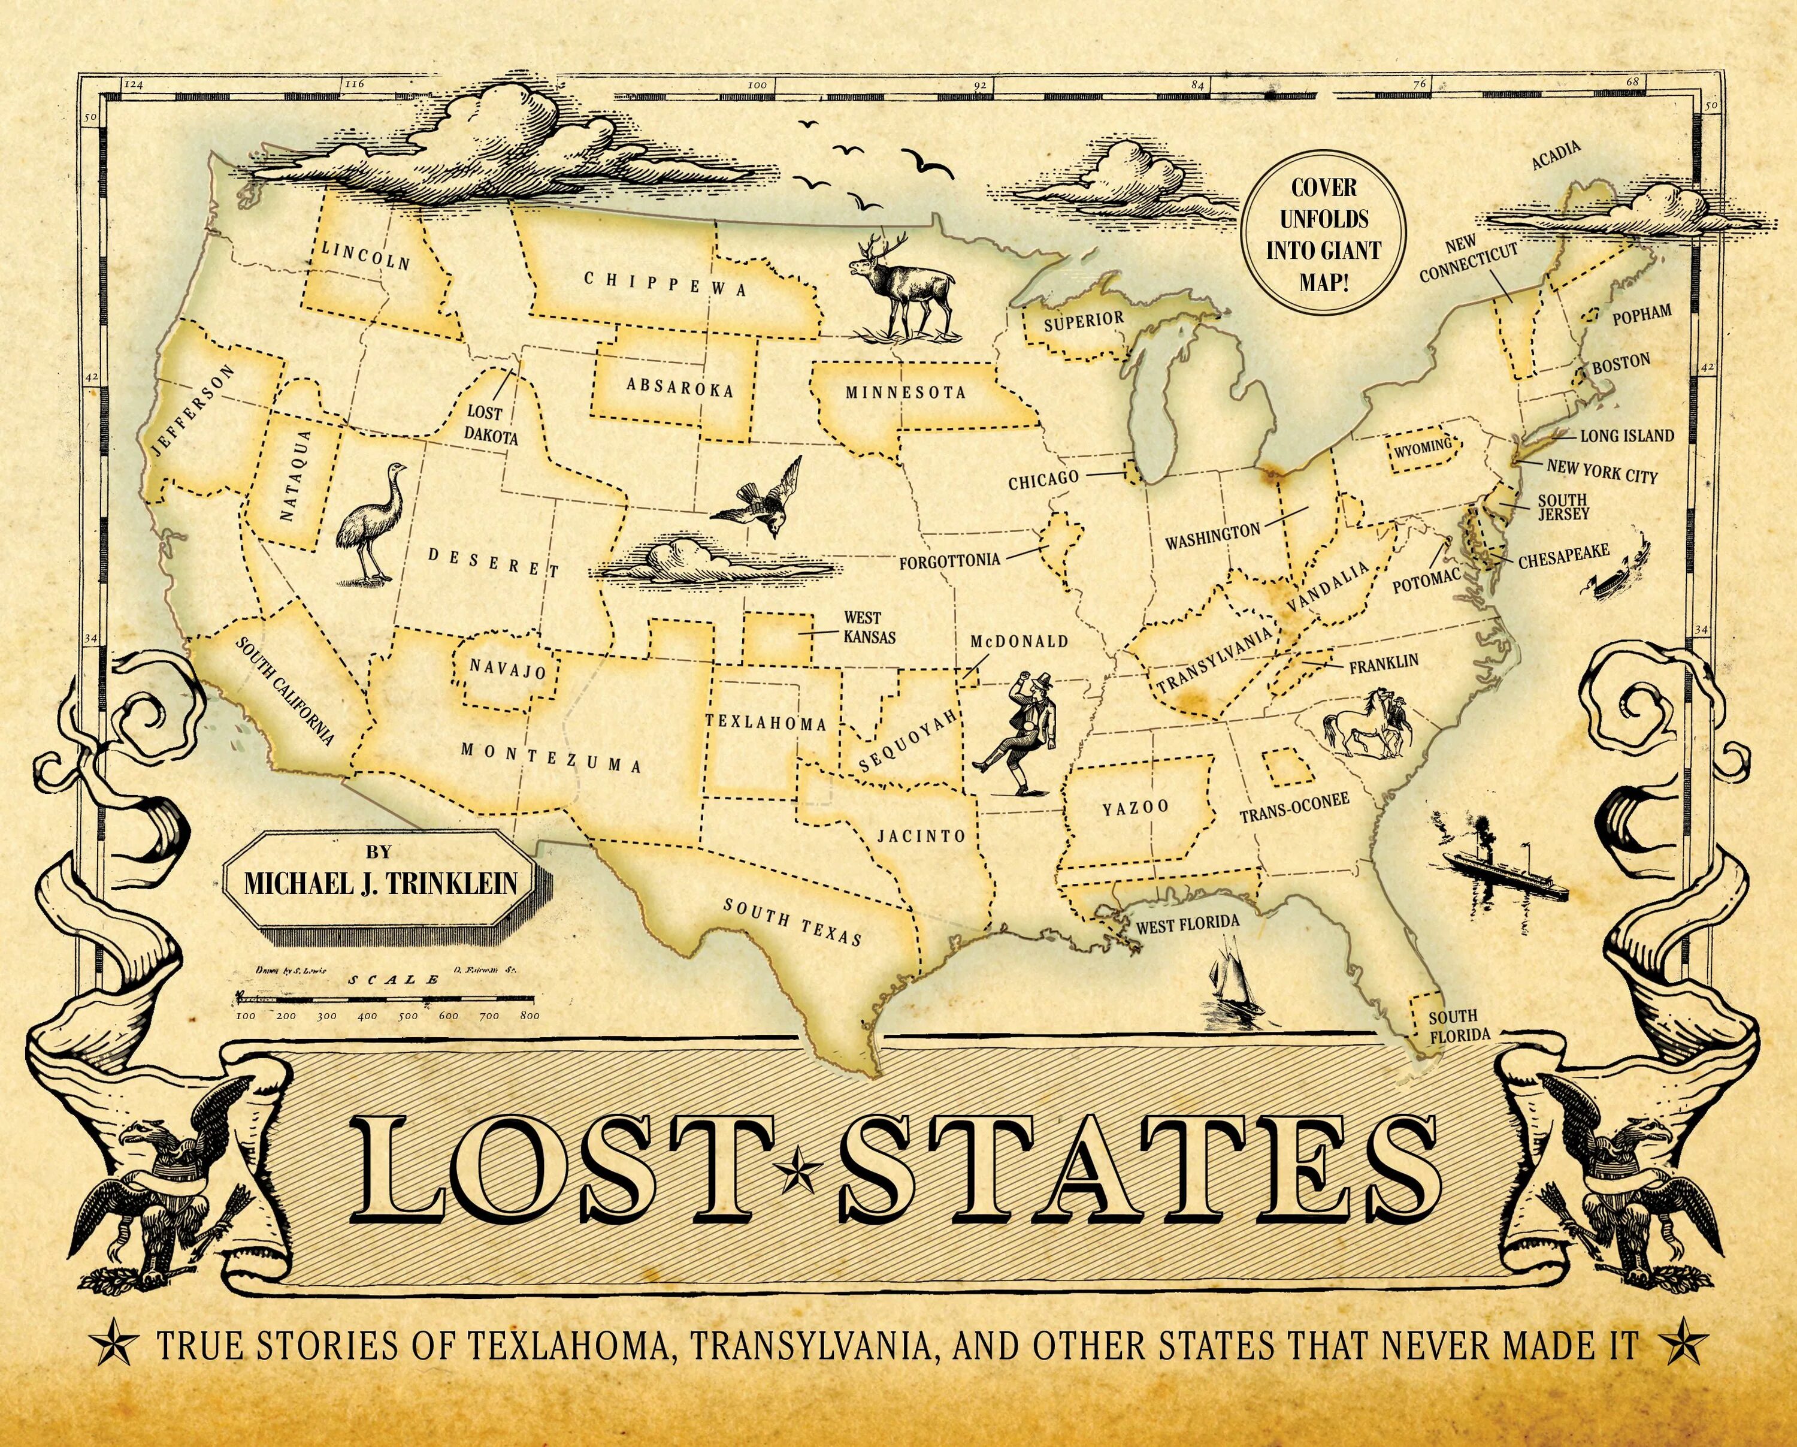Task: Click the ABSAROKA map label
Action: click(680, 388)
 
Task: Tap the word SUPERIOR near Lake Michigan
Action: click(1084, 320)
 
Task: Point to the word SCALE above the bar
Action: click(394, 980)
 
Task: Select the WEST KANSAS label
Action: click(862, 627)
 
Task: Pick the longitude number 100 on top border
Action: click(757, 84)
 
